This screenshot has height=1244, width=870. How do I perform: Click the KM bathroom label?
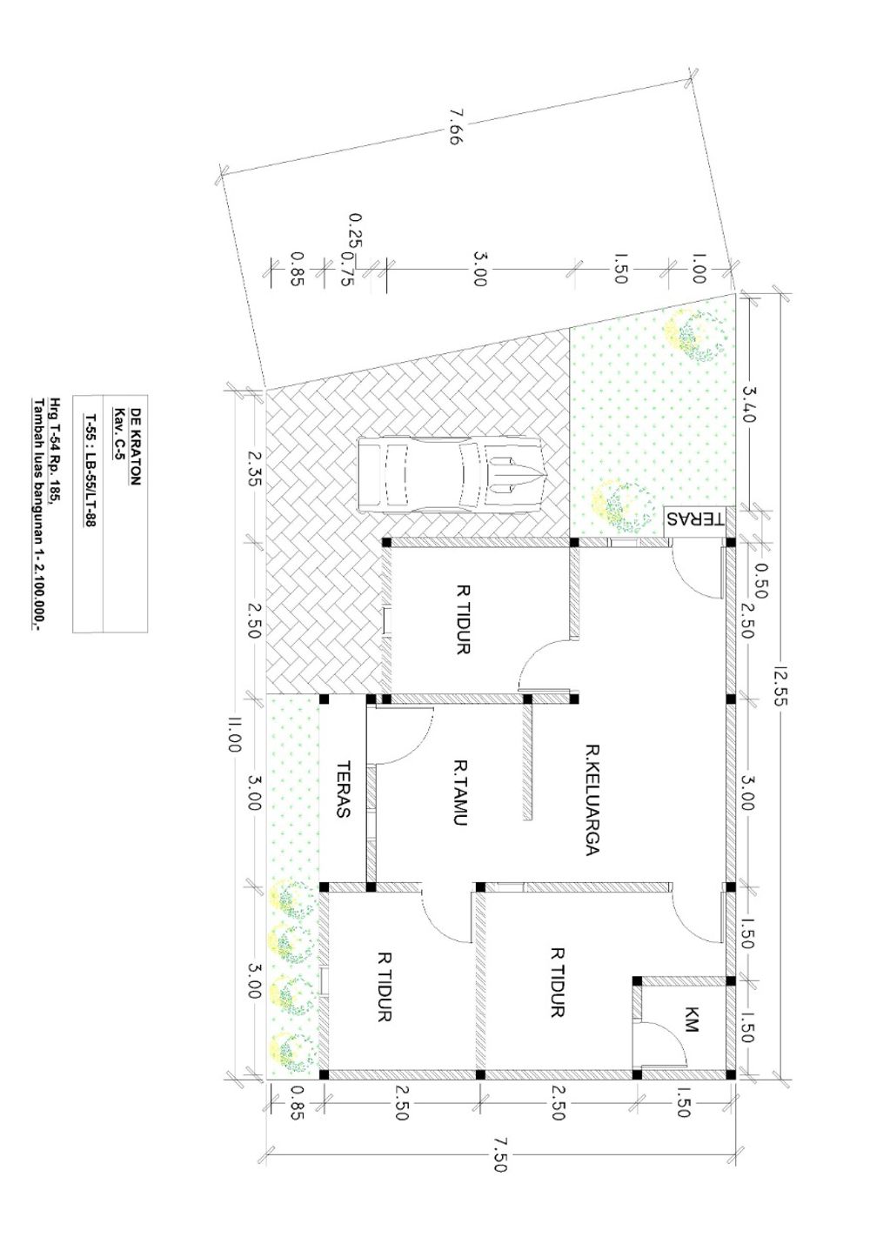[690, 1019]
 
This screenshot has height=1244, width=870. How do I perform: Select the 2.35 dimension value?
[253, 468]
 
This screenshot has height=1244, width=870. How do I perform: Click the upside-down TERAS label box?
[695, 520]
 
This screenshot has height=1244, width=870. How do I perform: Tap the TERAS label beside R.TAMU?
[344, 789]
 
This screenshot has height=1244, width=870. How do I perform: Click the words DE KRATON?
[136, 446]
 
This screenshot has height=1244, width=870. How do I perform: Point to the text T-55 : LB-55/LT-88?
[89, 470]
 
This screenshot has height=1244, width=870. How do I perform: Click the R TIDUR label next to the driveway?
[463, 619]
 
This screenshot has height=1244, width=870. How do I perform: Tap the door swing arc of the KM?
[675, 1038]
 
